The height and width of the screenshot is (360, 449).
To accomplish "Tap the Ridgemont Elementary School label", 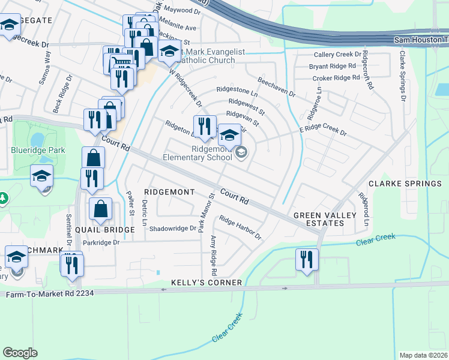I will tap(197, 153).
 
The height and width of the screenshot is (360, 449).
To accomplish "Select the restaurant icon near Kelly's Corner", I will tap(306, 260).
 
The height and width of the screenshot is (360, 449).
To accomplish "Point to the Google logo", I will tap(20, 353).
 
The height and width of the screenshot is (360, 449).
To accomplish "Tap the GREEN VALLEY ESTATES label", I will tap(318, 219).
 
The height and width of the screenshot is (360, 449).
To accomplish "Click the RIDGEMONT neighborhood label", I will tap(169, 191).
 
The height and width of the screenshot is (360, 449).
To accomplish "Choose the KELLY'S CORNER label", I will tap(206, 282).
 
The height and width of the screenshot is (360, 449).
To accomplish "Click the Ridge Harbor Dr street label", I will tap(240, 227).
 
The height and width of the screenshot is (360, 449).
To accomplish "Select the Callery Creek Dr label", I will tap(337, 55).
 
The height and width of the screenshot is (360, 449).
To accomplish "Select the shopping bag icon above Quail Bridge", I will tap(101, 209).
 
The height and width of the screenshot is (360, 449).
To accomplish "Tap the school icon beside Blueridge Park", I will tap(42, 176).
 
